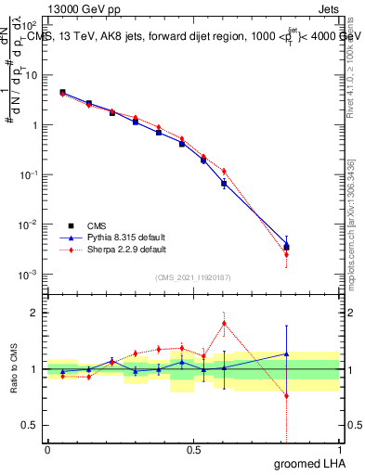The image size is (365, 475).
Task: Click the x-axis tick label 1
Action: [x=339, y=450]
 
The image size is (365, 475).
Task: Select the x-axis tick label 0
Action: [x=47, y=450]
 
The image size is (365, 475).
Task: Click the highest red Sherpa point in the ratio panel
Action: [x=224, y=323]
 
